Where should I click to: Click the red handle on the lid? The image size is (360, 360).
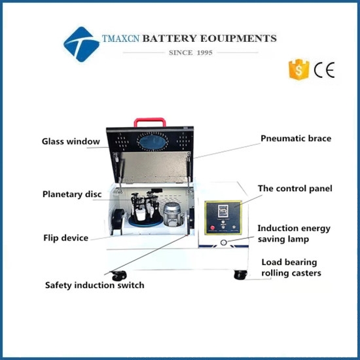pos(150,120)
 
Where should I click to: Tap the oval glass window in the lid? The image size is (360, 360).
pos(153,142)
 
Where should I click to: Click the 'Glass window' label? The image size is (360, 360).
pos(71,141)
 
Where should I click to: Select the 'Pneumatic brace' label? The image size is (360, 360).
pos(296,139)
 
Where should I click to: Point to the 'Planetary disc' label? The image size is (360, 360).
pos(72,194)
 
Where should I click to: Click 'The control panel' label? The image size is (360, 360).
pos(295,189)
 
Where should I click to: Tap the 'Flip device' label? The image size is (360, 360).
pos(65,238)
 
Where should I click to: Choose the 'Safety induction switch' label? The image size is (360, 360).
pos(95,285)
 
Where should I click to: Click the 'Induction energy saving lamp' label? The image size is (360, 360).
pos(294,234)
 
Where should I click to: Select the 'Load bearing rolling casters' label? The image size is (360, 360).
pos(291,268)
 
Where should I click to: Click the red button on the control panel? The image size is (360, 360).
pos(212,228)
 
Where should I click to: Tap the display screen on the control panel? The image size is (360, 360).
pos(223,211)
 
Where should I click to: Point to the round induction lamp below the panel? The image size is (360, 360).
pos(223,242)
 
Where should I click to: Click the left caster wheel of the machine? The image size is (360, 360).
pos(119,276)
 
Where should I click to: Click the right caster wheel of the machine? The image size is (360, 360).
pos(240,275)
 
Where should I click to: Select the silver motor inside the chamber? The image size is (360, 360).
pos(173,215)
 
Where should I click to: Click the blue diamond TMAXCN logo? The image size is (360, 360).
pos(82,45)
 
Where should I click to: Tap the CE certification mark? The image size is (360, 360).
pos(324,70)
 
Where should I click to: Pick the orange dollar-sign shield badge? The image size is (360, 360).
pos(298,69)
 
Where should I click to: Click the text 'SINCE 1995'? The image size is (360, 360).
pos(190,52)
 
